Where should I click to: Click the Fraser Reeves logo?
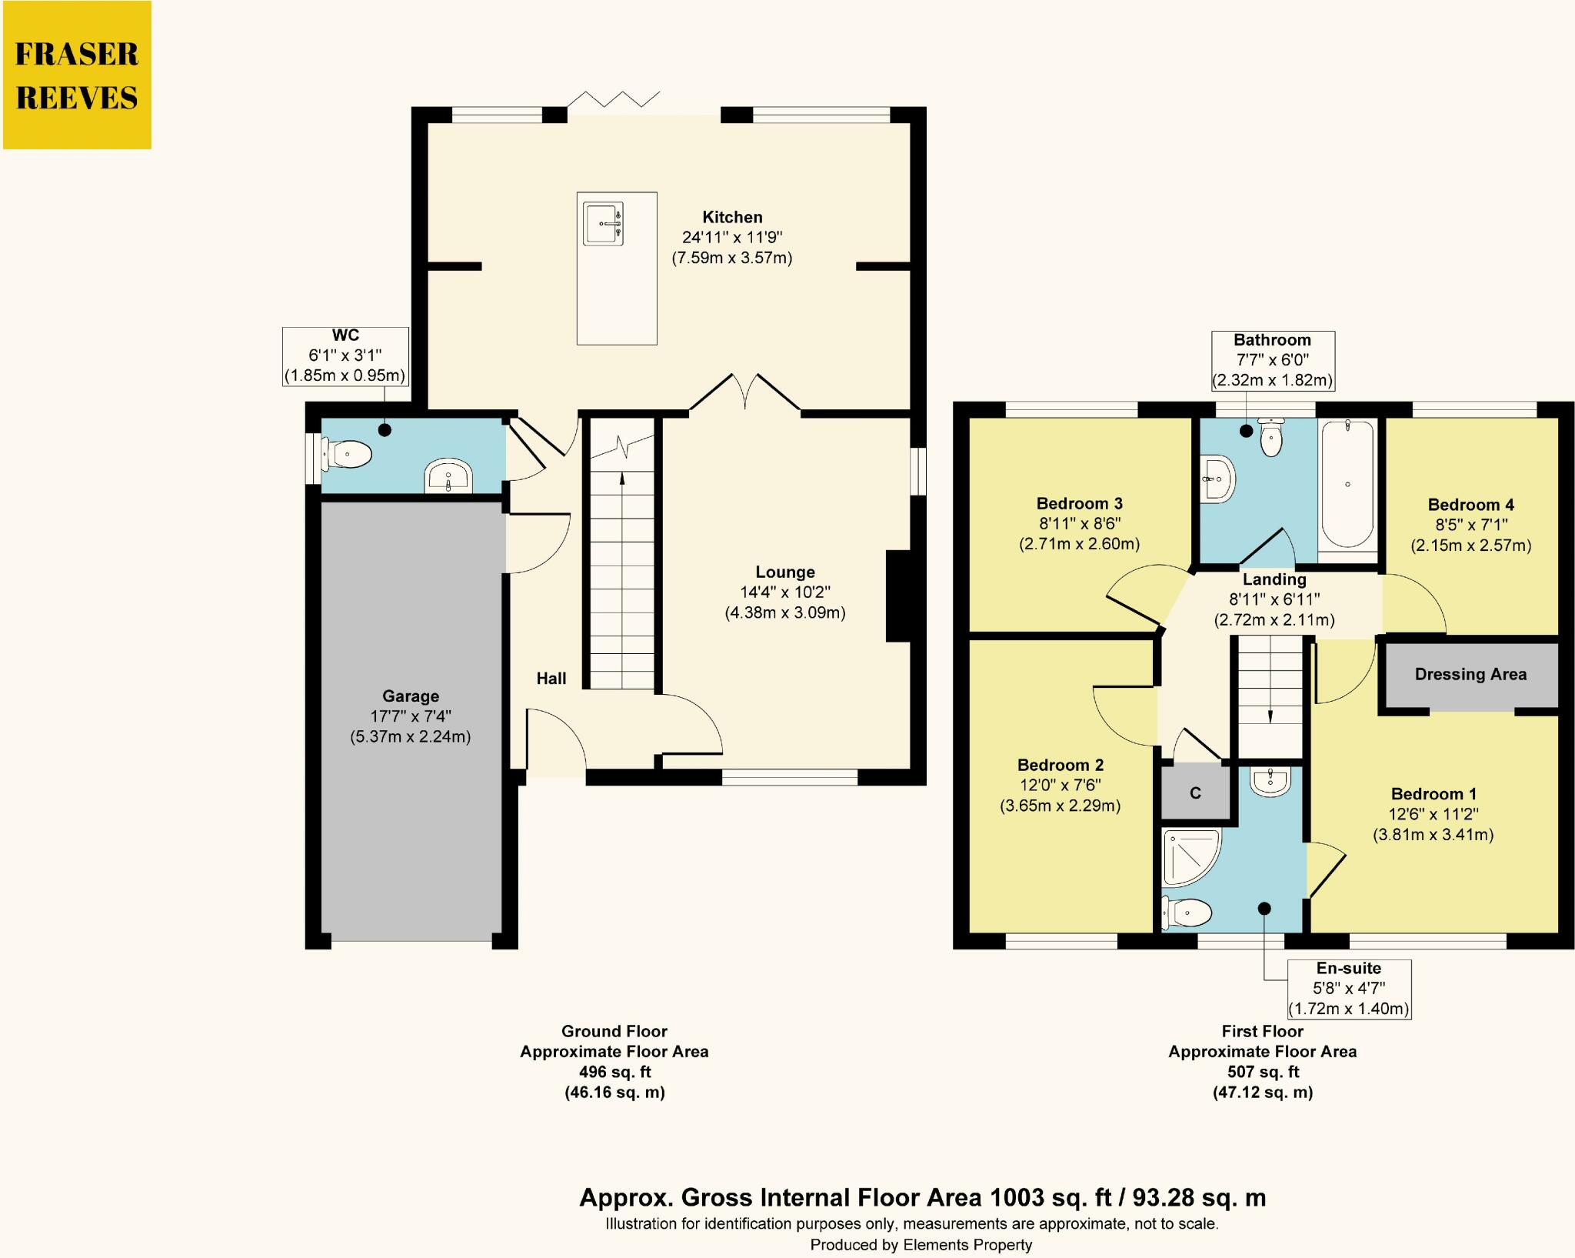tap(77, 75)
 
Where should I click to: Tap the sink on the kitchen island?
tap(603, 223)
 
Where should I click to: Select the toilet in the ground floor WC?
tap(346, 454)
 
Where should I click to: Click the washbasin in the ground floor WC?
tap(448, 476)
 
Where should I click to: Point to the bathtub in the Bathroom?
tap(1347, 483)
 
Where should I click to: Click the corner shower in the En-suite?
tap(1191, 857)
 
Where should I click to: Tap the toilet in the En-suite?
tap(1187, 913)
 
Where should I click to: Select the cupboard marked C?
tap(1195, 793)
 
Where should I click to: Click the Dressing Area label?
tap(1470, 674)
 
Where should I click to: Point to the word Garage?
tap(411, 696)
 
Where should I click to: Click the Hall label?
tap(551, 678)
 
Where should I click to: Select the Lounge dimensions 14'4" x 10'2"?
tap(785, 592)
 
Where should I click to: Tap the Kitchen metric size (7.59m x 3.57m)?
tap(732, 258)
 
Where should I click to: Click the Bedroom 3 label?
tap(1080, 503)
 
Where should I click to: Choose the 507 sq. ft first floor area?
tap(1263, 1072)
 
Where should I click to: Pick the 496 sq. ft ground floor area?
tap(614, 1072)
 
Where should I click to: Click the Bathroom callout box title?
tap(1273, 340)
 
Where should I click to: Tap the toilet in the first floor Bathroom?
tap(1271, 436)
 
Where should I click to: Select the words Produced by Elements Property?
tap(921, 1245)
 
